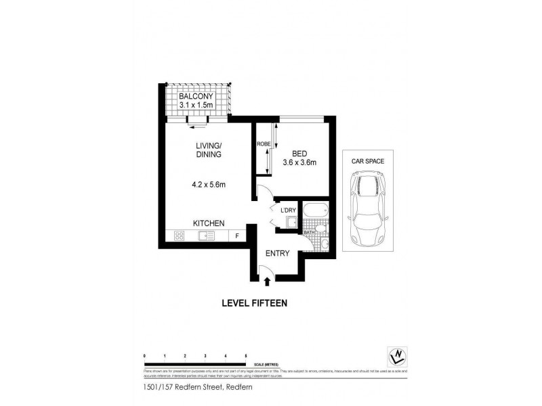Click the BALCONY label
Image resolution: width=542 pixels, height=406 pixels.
(196, 95)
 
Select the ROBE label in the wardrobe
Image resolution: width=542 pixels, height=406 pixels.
(263, 144)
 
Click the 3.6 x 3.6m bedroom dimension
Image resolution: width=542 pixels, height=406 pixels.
(300, 162)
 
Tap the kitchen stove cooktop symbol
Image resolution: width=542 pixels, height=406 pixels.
(180, 236)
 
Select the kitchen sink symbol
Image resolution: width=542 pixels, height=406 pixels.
(206, 236)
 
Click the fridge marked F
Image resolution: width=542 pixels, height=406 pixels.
(237, 236)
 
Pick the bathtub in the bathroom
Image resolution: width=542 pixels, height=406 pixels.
(316, 211)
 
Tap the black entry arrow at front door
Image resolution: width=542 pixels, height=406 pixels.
(267, 280)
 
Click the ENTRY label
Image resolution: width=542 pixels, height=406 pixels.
(278, 254)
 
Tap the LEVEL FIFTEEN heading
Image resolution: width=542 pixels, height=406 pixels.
(254, 303)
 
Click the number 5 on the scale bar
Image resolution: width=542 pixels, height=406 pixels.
(245, 355)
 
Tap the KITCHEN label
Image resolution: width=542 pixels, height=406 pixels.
(209, 223)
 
